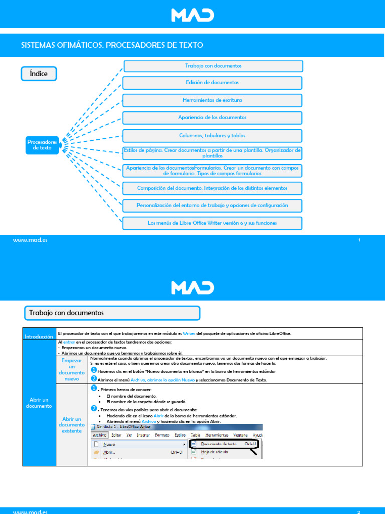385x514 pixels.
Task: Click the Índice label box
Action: (x=39, y=74)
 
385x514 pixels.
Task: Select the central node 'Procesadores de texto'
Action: (x=42, y=145)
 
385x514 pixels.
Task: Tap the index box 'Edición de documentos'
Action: (x=212, y=82)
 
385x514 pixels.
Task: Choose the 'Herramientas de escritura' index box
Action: (x=212, y=100)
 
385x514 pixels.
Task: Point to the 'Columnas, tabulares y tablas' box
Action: (x=212, y=136)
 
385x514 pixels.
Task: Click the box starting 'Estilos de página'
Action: (x=212, y=153)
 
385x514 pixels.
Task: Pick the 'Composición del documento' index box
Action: (x=212, y=188)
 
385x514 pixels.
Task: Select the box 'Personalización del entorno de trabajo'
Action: (x=212, y=206)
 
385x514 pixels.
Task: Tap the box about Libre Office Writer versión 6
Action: (x=212, y=223)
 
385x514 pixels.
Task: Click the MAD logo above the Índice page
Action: (x=192, y=15)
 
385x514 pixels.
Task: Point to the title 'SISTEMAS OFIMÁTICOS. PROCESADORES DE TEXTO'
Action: (x=112, y=45)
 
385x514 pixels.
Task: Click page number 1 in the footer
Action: (x=359, y=241)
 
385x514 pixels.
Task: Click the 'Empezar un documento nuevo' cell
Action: (x=72, y=370)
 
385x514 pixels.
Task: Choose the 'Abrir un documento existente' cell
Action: (x=72, y=425)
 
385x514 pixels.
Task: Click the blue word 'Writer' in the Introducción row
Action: (x=188, y=333)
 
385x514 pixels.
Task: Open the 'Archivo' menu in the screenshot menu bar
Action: (x=100, y=435)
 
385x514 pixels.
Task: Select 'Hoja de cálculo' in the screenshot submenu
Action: (x=214, y=452)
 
